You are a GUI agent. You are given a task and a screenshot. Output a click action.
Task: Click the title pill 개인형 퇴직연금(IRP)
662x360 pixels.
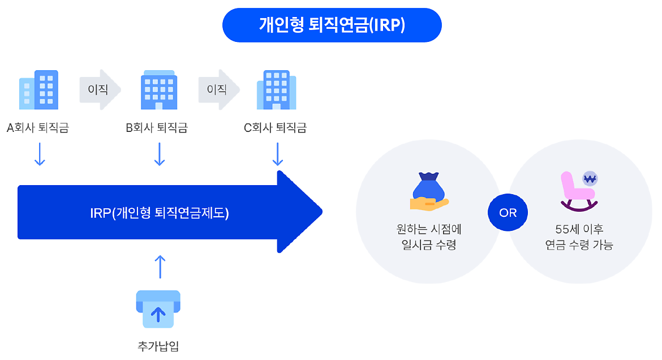332,25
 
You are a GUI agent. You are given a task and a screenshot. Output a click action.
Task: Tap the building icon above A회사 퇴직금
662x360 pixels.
39,89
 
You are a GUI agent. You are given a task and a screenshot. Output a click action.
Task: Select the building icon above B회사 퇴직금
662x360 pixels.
158,89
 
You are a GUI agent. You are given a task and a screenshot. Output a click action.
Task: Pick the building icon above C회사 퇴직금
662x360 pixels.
276,89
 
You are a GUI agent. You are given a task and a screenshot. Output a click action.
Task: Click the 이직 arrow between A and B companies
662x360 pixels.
100,89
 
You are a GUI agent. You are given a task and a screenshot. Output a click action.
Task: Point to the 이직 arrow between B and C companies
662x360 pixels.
218,89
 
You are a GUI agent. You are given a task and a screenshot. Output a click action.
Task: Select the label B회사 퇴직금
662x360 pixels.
157,128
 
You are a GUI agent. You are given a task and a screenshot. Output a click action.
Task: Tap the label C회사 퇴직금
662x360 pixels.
275,128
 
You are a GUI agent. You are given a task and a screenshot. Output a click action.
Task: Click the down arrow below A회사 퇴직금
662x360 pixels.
39,154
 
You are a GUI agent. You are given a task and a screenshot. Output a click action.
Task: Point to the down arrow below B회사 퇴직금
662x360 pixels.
160,154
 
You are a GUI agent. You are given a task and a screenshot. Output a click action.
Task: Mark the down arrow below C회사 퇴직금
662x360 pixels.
277,154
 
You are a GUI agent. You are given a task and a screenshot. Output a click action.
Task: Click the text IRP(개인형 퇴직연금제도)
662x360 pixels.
160,213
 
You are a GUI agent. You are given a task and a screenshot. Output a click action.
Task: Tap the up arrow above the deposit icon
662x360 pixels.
160,266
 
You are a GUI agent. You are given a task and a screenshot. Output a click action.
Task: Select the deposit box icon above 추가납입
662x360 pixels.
158,309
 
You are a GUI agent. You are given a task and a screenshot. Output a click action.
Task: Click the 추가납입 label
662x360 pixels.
158,346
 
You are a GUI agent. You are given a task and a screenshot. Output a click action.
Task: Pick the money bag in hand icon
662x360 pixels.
429,192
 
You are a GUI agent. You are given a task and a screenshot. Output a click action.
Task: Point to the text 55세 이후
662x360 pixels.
579,230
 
